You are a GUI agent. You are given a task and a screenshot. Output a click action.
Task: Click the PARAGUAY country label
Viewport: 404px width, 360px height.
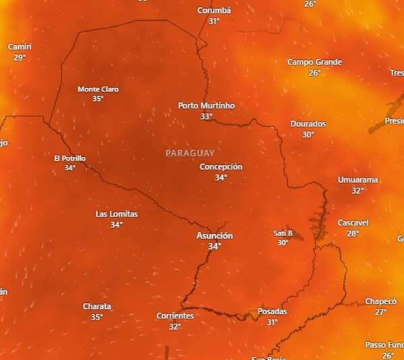coord(190,153)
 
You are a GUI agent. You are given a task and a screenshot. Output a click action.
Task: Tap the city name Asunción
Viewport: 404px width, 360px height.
coord(214,236)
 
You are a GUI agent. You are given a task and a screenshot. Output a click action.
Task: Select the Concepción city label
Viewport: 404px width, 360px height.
coord(221,167)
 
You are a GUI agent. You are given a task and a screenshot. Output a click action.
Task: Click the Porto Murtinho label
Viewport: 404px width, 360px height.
coord(207,106)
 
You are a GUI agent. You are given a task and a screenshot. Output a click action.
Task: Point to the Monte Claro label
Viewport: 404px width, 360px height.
coord(98,89)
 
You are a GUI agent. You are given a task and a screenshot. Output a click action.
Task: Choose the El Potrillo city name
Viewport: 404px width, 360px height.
coord(69,158)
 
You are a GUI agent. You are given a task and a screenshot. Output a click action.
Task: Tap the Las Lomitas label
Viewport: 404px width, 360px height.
coord(116,214)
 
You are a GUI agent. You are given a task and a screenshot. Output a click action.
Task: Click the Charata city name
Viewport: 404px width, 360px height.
coord(97,307)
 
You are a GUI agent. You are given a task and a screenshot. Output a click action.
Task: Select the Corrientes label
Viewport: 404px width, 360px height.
coord(175,316)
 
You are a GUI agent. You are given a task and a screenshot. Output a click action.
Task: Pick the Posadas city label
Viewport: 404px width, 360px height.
coord(272,312)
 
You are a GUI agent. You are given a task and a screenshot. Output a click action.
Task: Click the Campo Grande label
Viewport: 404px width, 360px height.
coord(314,63)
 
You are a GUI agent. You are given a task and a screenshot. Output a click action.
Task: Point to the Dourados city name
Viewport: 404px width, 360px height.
coord(308,124)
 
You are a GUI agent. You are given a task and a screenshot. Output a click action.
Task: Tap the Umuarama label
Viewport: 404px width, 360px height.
coord(358,180)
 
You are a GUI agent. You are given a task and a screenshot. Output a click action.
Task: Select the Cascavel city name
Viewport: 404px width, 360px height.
coord(353,223)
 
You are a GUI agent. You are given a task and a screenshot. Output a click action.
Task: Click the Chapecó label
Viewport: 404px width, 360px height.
coord(381,301)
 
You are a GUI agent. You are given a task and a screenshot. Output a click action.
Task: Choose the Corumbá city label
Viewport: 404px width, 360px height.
coord(214,11)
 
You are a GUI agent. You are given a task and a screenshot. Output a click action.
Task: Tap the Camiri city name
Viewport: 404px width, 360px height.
coord(20,47)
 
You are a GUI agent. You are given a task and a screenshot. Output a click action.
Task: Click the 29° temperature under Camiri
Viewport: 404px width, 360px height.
coord(20,58)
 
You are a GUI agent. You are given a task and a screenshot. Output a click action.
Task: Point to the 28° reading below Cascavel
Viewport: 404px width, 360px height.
coord(353,233)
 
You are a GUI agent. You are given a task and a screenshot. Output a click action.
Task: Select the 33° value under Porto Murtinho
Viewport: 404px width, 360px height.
coord(206,116)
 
